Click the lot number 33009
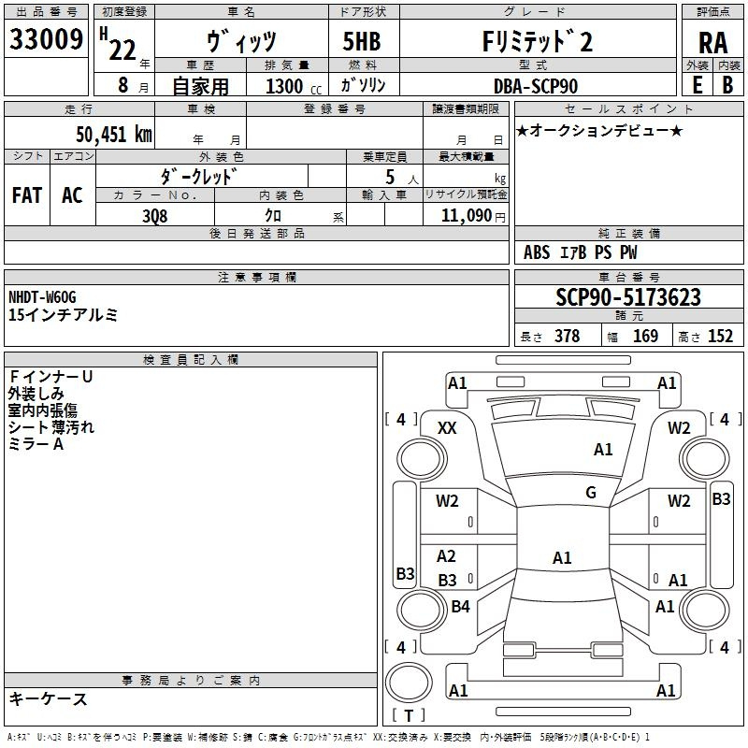pyautogui.click(x=46, y=40)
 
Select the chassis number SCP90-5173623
pyautogui.click(x=627, y=297)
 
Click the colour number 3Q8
pyautogui.click(x=155, y=216)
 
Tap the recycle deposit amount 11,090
pyautogui.click(x=465, y=216)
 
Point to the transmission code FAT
pyautogui.click(x=26, y=195)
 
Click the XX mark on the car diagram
pyautogui.click(x=447, y=427)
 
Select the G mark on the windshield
pyautogui.click(x=591, y=493)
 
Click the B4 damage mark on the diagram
pyautogui.click(x=460, y=607)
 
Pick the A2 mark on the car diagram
pyautogui.click(x=447, y=556)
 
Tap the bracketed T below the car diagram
pyautogui.click(x=409, y=716)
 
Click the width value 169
pyautogui.click(x=646, y=337)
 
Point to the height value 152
pyautogui.click(x=720, y=337)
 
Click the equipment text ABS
pyautogui.click(x=537, y=252)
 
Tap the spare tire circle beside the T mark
pyautogui.click(x=409, y=681)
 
